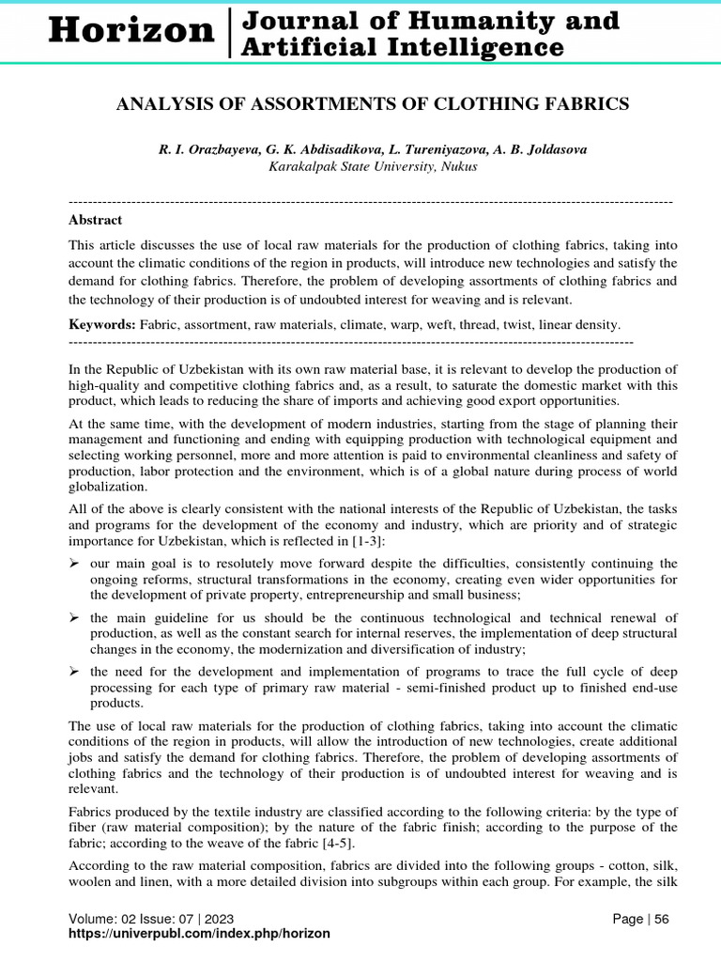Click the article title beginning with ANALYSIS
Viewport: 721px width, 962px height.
coord(372,104)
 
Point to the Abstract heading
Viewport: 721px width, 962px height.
coord(95,220)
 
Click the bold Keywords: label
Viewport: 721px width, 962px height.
coord(102,324)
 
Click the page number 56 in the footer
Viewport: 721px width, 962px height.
coord(662,919)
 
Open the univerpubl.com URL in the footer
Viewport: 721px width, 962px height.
coord(199,934)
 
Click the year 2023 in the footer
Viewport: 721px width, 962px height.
coord(219,919)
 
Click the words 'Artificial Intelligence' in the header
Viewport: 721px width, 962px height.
coord(404,46)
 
